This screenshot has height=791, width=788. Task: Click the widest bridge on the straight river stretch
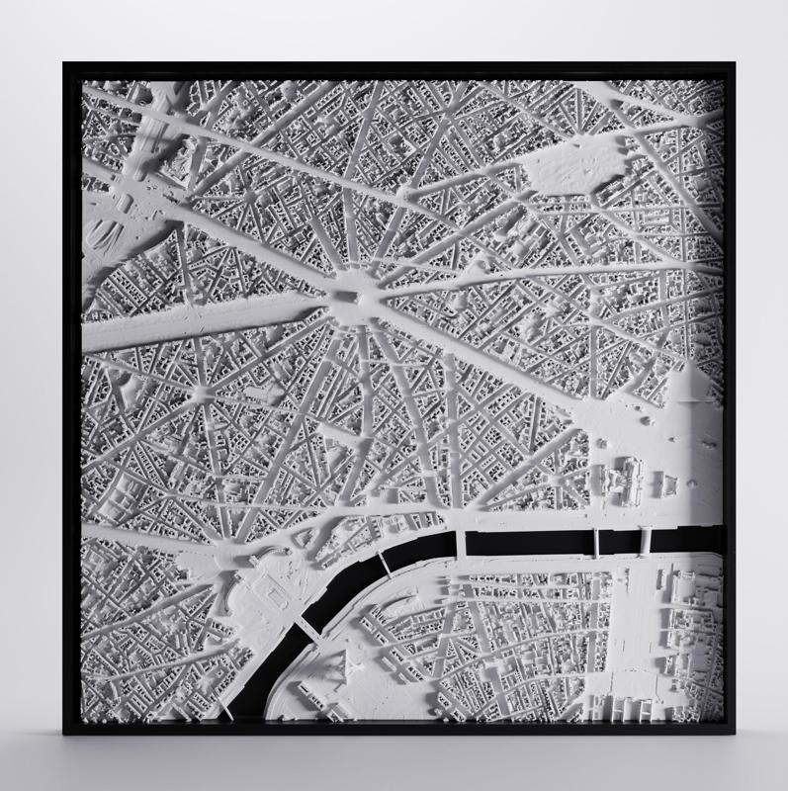(460, 545)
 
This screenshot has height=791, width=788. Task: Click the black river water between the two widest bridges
(529, 543)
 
